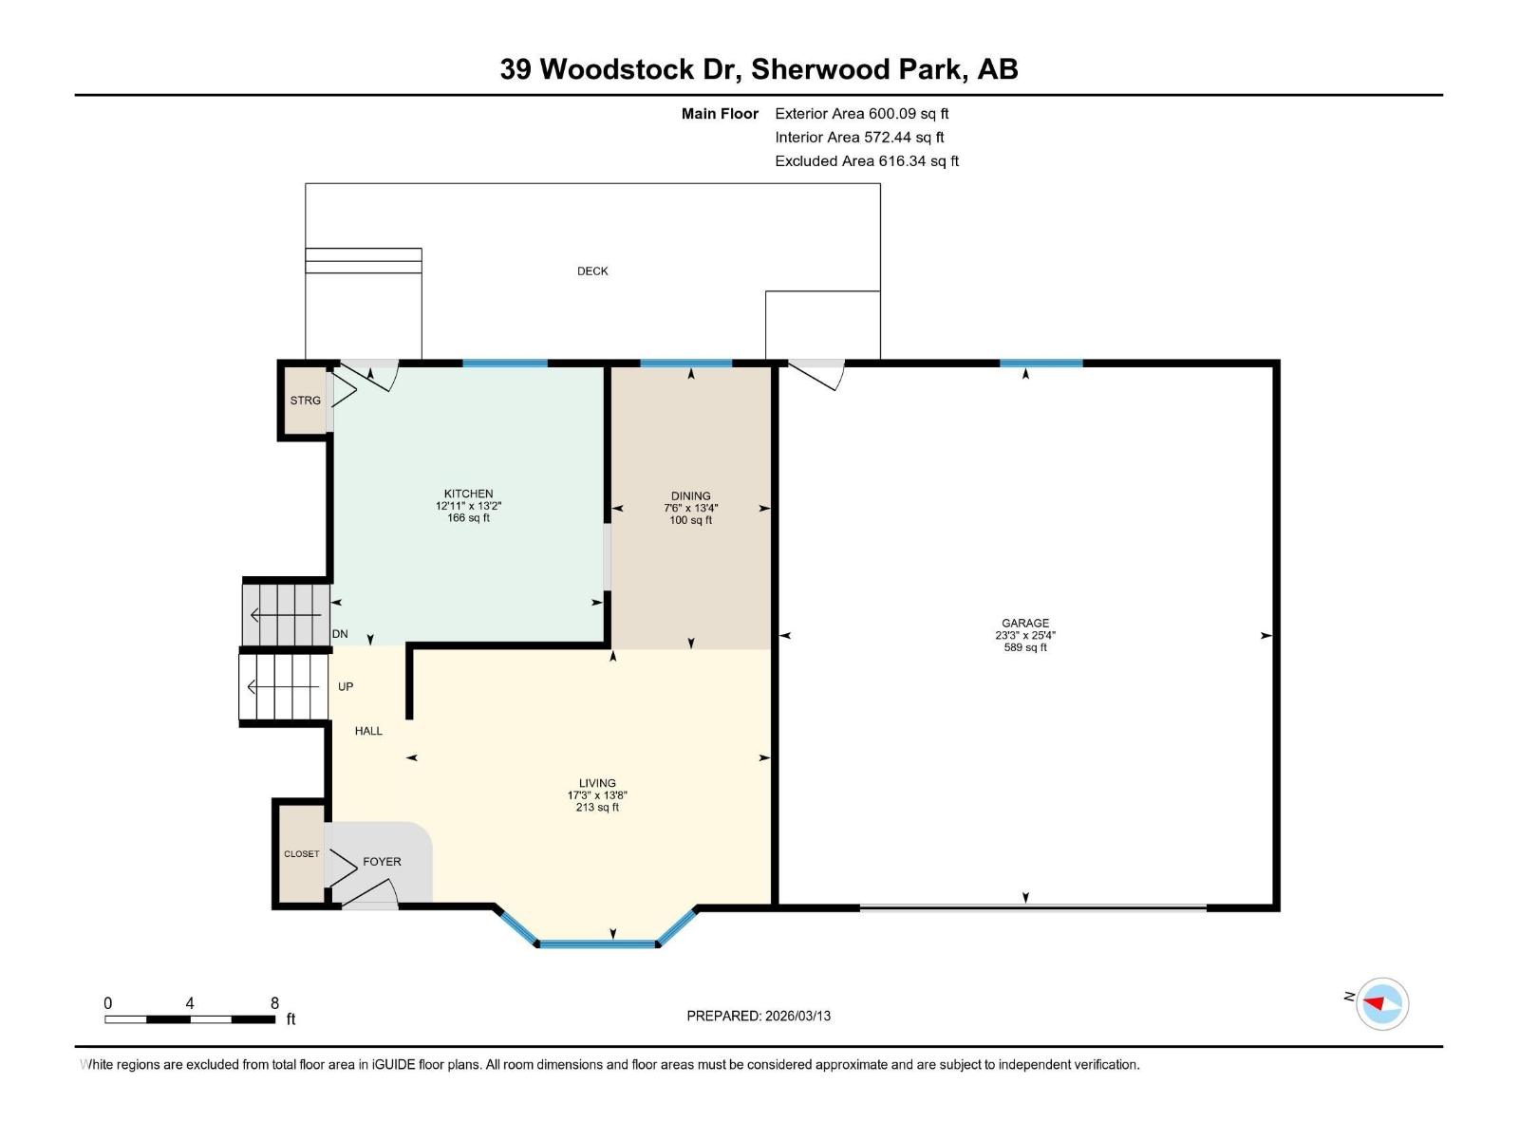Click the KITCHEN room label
[468, 494]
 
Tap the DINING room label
[690, 495]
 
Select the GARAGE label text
[1024, 624]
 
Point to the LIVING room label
[597, 783]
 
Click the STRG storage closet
[305, 401]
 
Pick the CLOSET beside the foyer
[301, 853]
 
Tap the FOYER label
[382, 862]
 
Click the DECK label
[592, 271]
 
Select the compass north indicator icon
[1381, 1003]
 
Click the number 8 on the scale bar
[274, 1003]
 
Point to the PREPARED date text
[759, 1016]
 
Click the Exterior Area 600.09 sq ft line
[861, 114]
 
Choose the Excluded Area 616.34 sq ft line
[866, 161]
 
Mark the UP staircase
[283, 686]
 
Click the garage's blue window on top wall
[1041, 363]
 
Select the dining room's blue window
[685, 363]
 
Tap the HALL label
[368, 731]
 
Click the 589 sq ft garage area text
[1024, 647]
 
